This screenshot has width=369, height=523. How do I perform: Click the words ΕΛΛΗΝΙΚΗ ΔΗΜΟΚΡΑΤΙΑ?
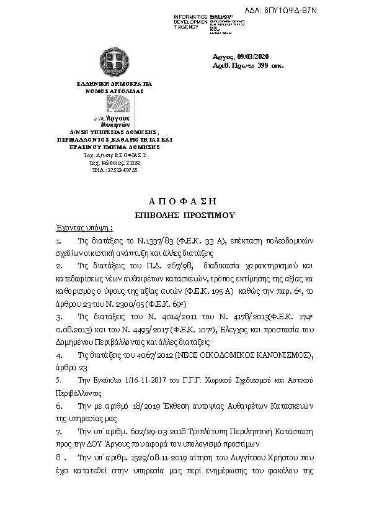114,83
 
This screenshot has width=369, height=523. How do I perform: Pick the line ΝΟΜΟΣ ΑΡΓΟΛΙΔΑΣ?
114,91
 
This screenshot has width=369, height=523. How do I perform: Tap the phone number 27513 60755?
118,170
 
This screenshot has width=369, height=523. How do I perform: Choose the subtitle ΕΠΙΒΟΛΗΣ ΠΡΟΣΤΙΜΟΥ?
185,214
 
